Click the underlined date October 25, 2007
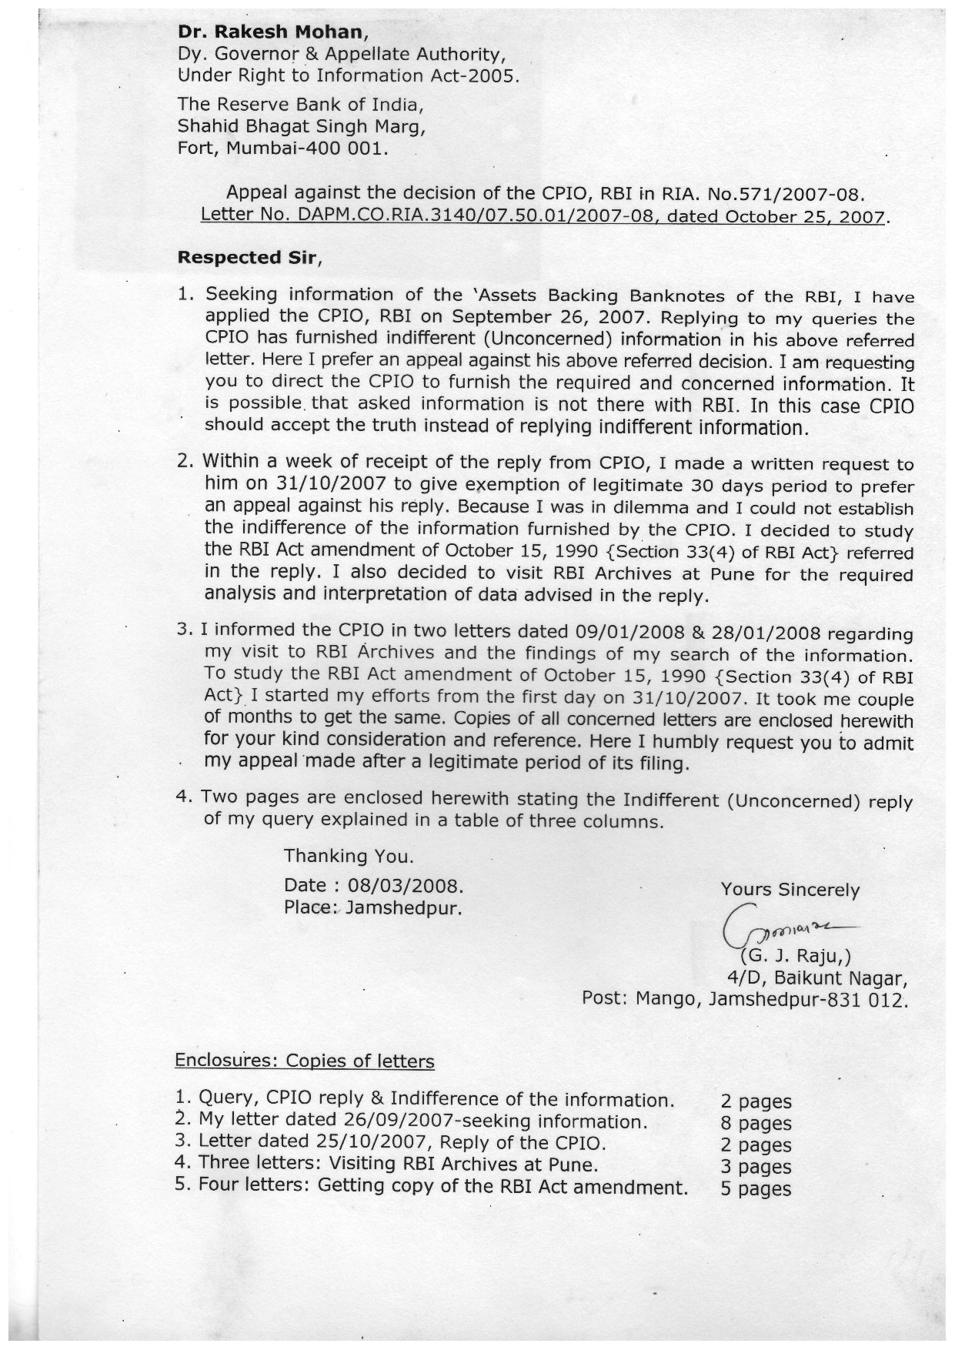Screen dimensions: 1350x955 (776, 216)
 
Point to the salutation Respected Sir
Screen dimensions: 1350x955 (246, 258)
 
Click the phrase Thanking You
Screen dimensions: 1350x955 (349, 855)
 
